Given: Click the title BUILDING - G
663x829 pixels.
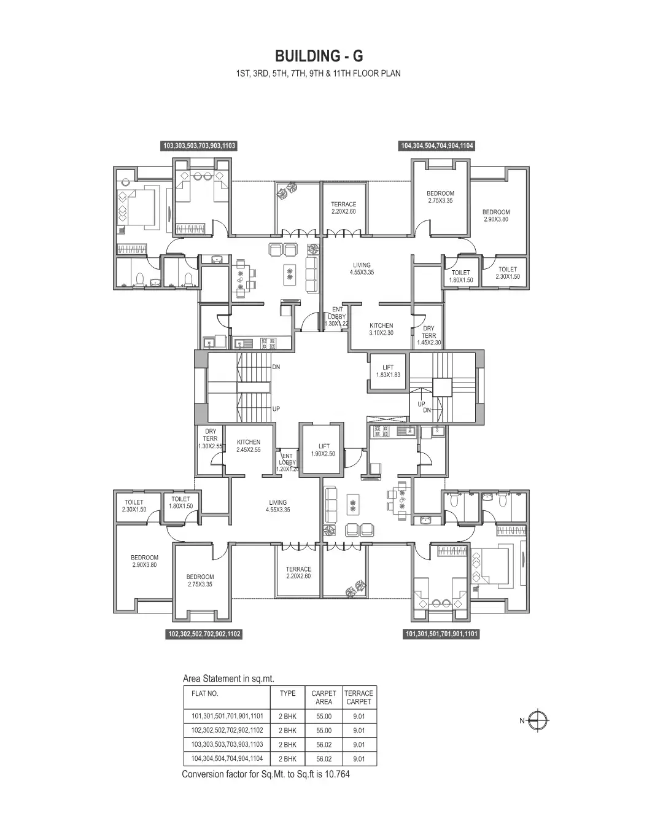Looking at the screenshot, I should [x=319, y=56].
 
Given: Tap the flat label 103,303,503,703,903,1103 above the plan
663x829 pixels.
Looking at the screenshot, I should [x=199, y=146].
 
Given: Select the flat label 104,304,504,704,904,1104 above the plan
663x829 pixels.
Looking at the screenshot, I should [x=437, y=146].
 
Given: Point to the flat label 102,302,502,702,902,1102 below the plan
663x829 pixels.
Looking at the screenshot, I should [x=204, y=634].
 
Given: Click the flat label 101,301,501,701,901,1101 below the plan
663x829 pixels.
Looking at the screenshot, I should [x=441, y=634].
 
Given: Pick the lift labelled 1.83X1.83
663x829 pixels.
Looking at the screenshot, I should [x=387, y=371].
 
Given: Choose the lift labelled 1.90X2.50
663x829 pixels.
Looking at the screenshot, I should [x=324, y=450].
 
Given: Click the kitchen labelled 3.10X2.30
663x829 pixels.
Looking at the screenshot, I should [x=381, y=329].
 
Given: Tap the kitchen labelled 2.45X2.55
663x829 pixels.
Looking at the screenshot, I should [x=249, y=446].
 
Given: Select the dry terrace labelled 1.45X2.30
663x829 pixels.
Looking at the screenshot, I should [x=428, y=335].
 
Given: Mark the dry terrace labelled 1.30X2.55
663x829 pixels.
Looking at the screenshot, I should [x=210, y=439].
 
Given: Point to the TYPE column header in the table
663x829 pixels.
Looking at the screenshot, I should [x=287, y=693].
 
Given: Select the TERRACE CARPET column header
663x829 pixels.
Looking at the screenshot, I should [x=359, y=697].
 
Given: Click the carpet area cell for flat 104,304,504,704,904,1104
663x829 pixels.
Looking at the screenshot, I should [x=324, y=759].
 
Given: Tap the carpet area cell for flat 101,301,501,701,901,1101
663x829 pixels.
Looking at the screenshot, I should [x=324, y=717].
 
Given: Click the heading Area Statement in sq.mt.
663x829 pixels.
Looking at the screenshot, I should [x=228, y=679].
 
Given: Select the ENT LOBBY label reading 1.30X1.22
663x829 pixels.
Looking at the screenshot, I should [x=337, y=317].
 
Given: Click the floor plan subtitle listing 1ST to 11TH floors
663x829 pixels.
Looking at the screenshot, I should [x=319, y=74].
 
